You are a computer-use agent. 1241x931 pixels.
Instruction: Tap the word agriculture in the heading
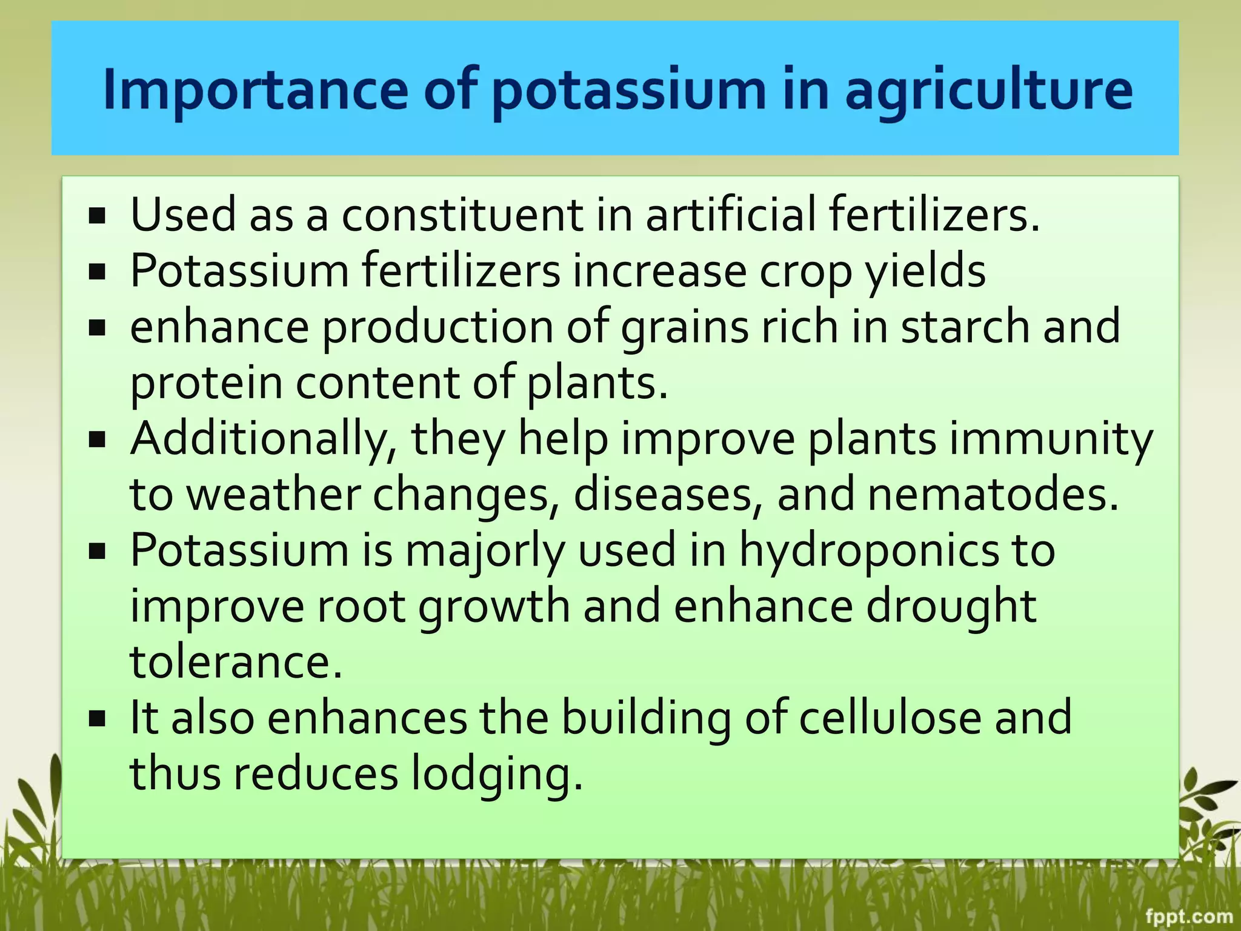(988, 90)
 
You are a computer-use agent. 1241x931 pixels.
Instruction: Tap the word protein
(206, 383)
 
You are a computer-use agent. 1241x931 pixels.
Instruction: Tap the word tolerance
(236, 662)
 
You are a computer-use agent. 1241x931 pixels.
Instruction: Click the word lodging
(497, 774)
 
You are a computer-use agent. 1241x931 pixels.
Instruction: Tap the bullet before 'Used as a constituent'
(97, 216)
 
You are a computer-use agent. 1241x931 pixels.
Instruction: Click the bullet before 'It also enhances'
(97, 719)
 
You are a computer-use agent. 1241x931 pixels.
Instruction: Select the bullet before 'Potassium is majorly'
(97, 552)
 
